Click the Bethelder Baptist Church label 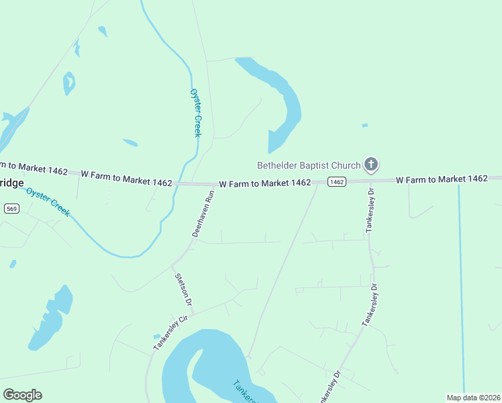[309, 165]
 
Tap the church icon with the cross [371, 164]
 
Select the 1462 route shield [336, 182]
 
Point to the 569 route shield [11, 209]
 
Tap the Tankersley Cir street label [169, 334]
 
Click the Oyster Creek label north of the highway [196, 113]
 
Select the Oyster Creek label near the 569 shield [48, 201]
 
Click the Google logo [22, 395]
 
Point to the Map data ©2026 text [474, 398]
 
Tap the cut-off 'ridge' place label [11, 183]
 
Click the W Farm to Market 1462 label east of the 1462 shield [441, 179]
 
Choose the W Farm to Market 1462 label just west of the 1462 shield [264, 183]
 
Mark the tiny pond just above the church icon [364, 125]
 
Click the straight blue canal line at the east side [462, 282]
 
